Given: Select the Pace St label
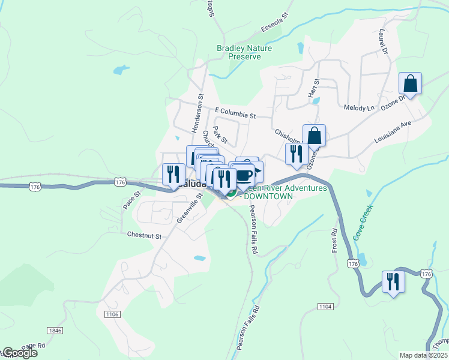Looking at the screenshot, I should click(x=131, y=200).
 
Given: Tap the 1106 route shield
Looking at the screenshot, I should click(x=112, y=314).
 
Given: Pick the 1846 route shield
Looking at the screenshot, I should click(x=55, y=331).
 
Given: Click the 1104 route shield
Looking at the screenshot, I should click(x=325, y=307).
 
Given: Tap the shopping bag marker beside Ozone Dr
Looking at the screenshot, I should click(x=411, y=83).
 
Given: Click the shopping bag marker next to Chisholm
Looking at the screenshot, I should click(x=314, y=136).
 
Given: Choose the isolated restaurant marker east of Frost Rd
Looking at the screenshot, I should click(x=393, y=281).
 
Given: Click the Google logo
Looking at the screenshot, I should click(x=19, y=353).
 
